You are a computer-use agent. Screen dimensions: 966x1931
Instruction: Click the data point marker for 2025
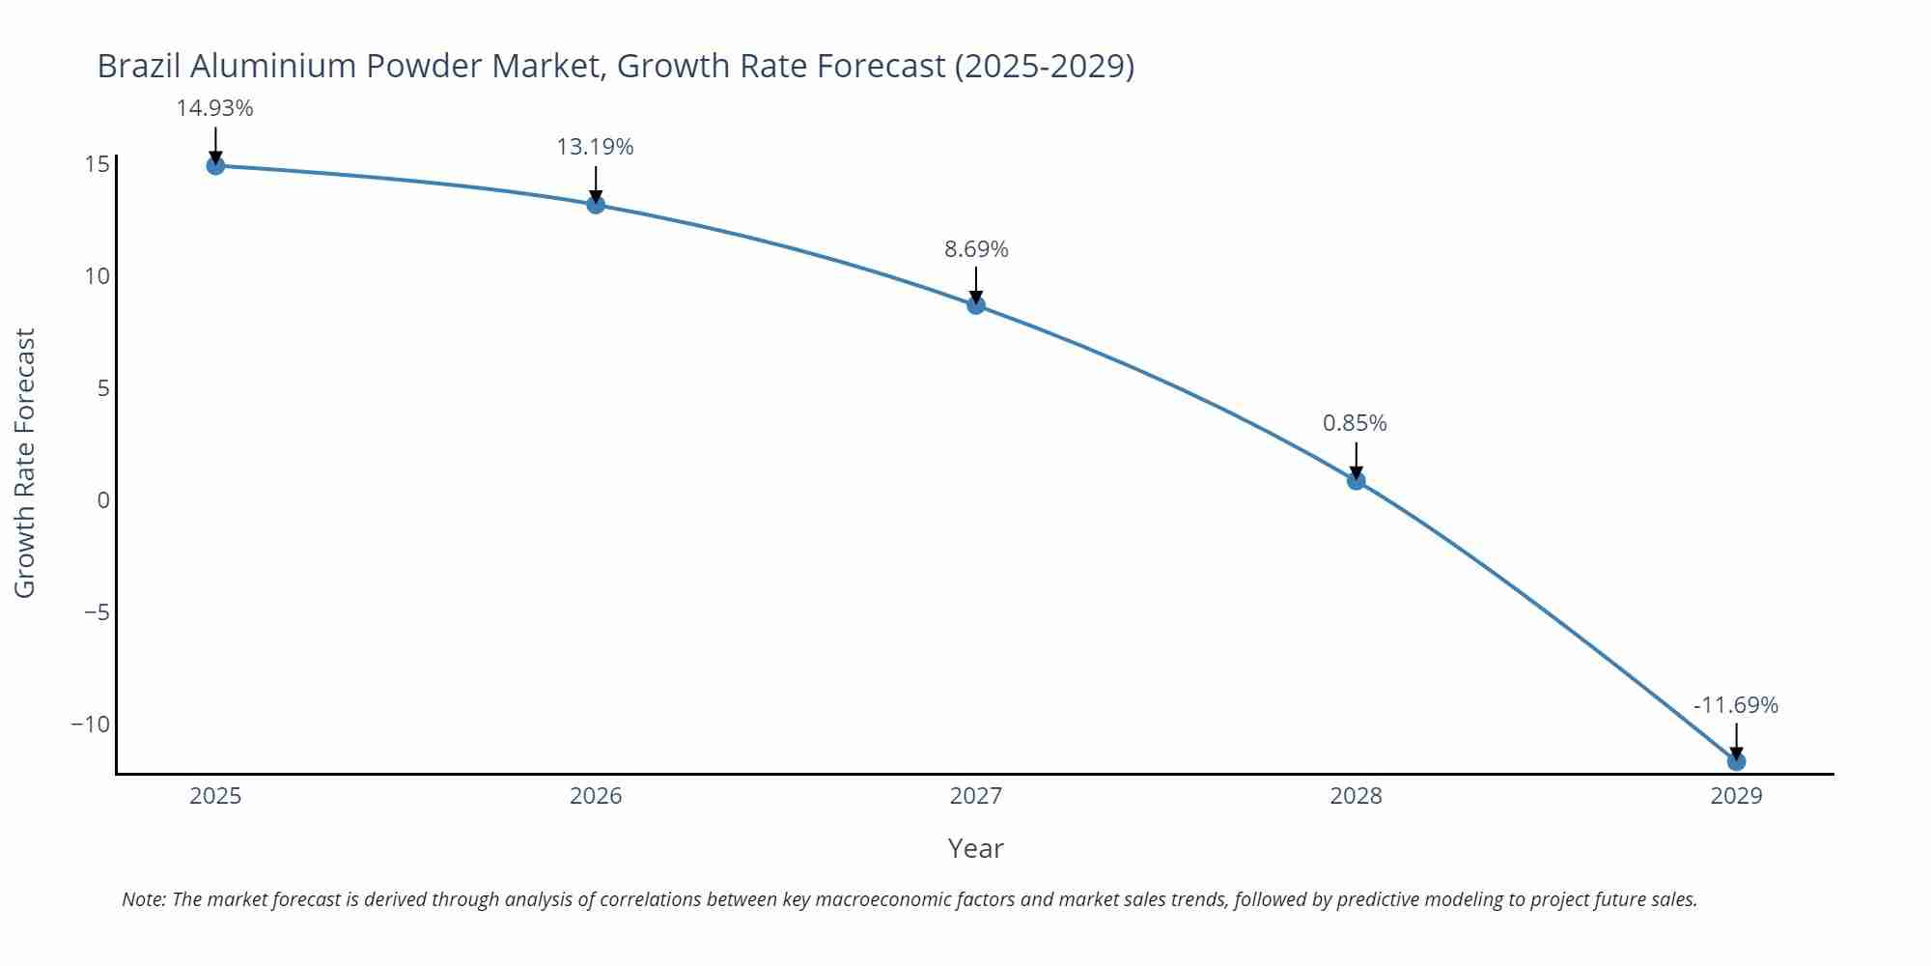(x=215, y=166)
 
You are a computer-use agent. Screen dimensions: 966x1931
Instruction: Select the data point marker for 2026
(x=596, y=205)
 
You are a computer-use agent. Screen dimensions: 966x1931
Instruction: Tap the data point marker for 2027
(x=976, y=305)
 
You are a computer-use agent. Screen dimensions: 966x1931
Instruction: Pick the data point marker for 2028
(x=1356, y=481)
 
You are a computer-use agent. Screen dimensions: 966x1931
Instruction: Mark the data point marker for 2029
(x=1736, y=762)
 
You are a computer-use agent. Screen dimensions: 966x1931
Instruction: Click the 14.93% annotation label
(x=214, y=108)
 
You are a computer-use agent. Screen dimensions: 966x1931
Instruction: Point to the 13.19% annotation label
(x=595, y=147)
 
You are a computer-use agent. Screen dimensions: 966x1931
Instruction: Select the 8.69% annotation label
(x=976, y=249)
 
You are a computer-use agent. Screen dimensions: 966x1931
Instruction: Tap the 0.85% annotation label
(x=1355, y=423)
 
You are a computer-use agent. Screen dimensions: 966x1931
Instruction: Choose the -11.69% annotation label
(x=1735, y=705)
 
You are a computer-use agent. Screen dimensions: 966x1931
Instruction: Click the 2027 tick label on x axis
(x=976, y=796)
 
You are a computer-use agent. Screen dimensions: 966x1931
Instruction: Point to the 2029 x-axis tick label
(x=1736, y=796)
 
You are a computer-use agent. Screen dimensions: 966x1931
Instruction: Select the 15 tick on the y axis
(x=97, y=164)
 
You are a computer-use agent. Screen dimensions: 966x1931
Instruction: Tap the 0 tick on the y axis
(x=103, y=500)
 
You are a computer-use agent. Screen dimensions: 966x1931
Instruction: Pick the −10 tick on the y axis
(x=90, y=724)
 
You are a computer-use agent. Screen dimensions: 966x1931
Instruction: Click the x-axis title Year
(x=975, y=848)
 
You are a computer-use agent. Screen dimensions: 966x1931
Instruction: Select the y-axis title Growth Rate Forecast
(x=25, y=463)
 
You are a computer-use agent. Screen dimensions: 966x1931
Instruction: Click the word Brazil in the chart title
(x=139, y=66)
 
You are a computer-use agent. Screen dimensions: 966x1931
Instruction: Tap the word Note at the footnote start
(x=143, y=899)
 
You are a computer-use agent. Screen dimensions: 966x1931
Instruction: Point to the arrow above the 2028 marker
(x=1356, y=459)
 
